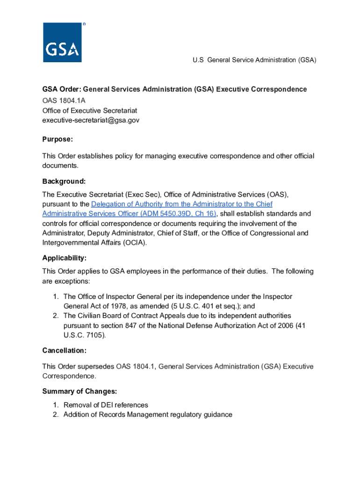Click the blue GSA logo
[x=62, y=43]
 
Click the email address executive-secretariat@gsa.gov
[x=91, y=120]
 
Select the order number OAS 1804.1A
[x=64, y=101]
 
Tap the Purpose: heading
[x=58, y=139]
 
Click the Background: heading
[x=64, y=181]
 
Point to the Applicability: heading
[x=65, y=258]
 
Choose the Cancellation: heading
[x=65, y=350]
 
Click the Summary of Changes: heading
[x=79, y=392]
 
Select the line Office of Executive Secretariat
[x=89, y=110]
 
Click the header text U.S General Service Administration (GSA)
[x=254, y=60]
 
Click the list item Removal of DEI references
[x=106, y=405]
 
